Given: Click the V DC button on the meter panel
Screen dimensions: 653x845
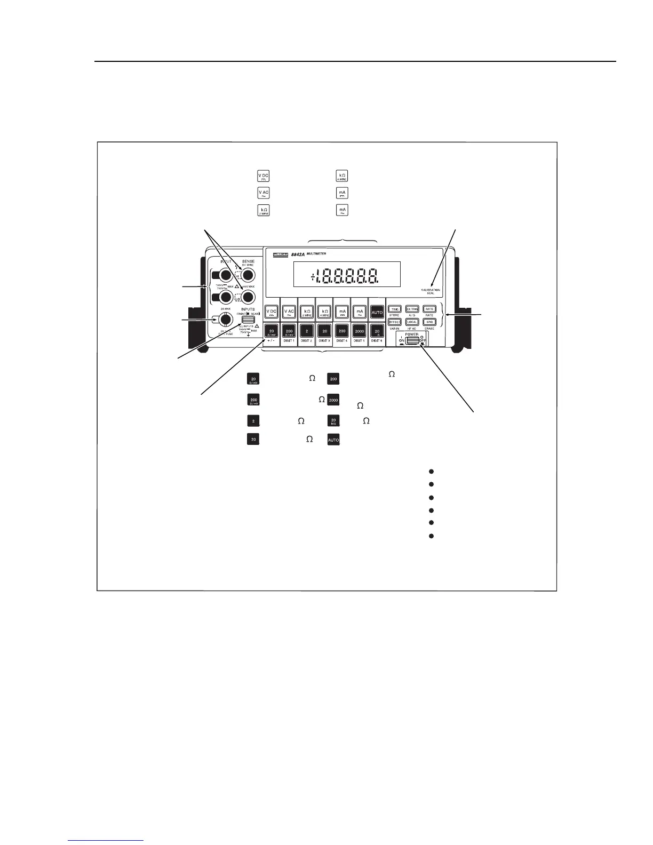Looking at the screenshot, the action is click(x=272, y=312).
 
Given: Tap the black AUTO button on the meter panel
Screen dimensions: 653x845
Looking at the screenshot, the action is click(x=377, y=312).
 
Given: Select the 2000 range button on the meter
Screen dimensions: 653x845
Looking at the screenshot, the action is click(x=359, y=331).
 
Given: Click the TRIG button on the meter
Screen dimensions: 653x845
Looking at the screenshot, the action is click(x=395, y=309).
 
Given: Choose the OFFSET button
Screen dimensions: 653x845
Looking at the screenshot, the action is click(x=395, y=322).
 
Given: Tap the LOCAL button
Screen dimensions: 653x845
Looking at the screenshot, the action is click(x=412, y=322).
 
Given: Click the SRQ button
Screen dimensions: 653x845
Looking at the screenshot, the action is click(x=429, y=322).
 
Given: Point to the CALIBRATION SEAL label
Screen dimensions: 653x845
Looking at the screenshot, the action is click(x=431, y=291).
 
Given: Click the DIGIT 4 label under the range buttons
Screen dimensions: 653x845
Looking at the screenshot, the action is click(x=341, y=340).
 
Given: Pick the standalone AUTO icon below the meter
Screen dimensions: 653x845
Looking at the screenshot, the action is click(x=333, y=440).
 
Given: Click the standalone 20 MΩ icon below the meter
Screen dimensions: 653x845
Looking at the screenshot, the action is click(x=333, y=421).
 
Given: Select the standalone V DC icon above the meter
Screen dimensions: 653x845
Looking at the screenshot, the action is click(x=263, y=177).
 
